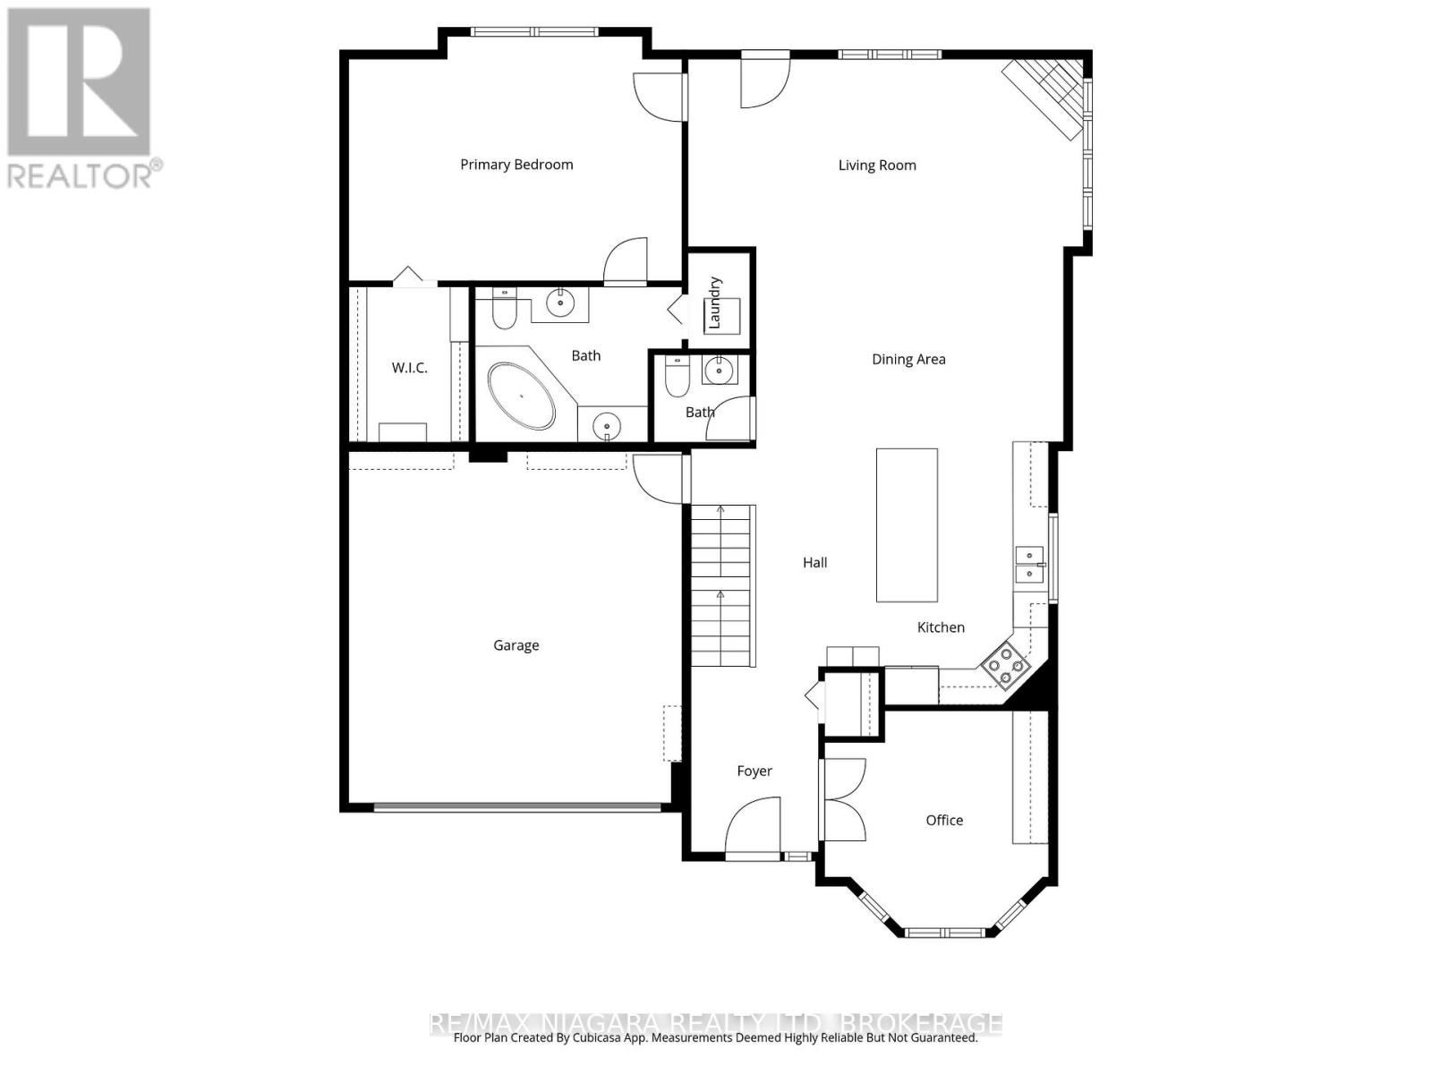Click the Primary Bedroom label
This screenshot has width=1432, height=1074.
click(x=516, y=165)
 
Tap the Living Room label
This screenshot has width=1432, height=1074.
click(x=877, y=166)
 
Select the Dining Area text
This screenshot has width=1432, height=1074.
click(x=908, y=360)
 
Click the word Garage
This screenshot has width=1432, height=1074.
click(x=516, y=645)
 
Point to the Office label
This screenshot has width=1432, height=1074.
click(x=944, y=821)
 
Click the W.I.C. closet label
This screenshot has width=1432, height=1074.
click(x=409, y=369)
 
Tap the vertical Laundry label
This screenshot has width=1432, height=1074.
click(x=714, y=303)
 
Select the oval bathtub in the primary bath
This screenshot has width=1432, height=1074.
click(x=522, y=396)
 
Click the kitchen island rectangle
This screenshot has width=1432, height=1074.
click(x=907, y=525)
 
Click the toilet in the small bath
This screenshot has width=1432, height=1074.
click(x=678, y=378)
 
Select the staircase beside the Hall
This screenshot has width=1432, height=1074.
click(x=721, y=586)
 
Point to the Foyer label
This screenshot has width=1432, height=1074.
click(x=754, y=771)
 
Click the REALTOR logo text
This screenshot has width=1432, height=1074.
click(x=81, y=175)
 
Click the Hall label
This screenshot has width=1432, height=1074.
click(x=814, y=563)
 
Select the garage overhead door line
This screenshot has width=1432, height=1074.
click(x=517, y=808)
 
